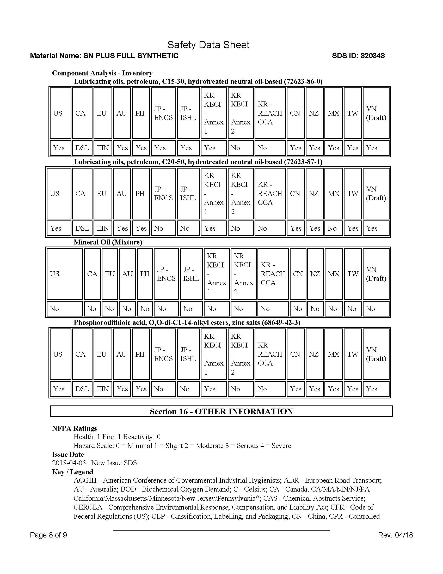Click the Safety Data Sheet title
[208, 45]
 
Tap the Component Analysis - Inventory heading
[102, 73]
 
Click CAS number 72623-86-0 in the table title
[303, 81]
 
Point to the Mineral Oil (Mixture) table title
[108, 242]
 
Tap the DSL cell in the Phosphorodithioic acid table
[82, 389]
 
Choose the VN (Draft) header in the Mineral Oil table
[376, 274]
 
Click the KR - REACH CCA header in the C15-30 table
[270, 113]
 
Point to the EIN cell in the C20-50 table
[103, 228]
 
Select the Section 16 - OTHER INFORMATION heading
[221, 411]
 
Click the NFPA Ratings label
[74, 428]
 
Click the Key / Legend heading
[73, 472]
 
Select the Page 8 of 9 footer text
[48, 535]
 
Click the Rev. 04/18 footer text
[395, 535]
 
